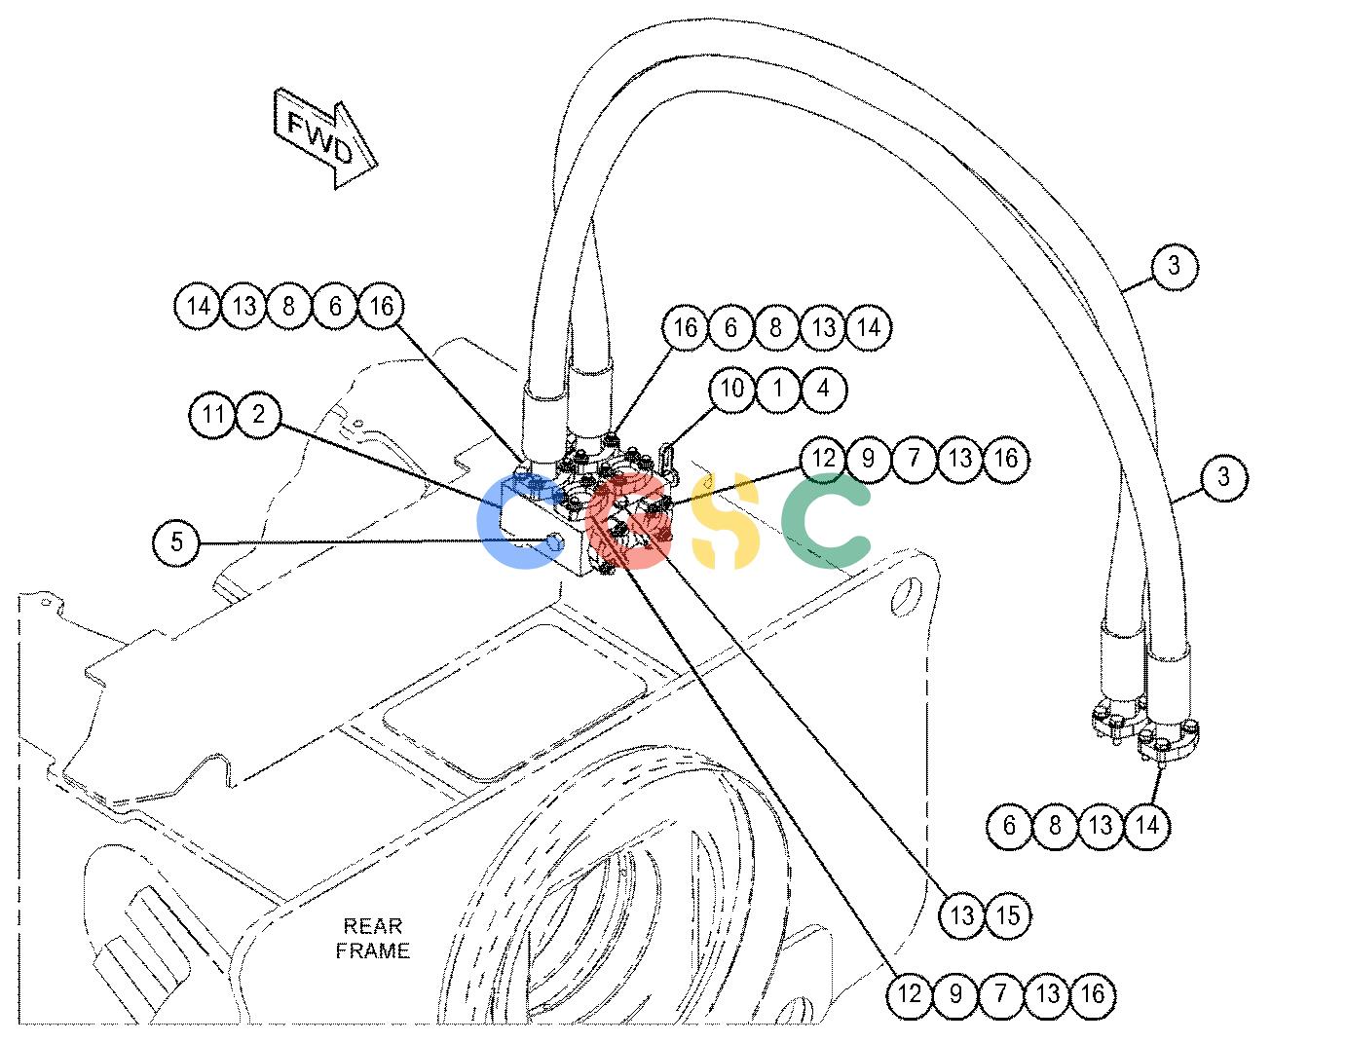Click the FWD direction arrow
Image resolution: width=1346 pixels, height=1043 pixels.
coord(324,138)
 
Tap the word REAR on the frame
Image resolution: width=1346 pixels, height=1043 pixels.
coord(372,926)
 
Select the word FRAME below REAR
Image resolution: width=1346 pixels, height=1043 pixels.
coord(372,950)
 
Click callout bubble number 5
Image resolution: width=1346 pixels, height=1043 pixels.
coord(176,541)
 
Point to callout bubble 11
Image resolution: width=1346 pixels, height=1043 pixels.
coord(213,414)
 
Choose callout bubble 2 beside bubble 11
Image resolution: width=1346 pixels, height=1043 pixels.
coord(259,414)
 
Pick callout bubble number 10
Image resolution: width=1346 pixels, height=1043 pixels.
coord(731,389)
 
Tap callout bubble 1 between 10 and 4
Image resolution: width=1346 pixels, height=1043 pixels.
coord(778,389)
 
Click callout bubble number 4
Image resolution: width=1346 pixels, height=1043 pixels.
coord(823,389)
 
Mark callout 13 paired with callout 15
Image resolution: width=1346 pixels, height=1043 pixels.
coord(962,914)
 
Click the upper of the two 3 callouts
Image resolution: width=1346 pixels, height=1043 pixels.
coord(1175,266)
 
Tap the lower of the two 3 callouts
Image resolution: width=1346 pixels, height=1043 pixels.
coord(1224,477)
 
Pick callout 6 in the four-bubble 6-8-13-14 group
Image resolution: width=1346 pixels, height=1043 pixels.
coord(1010,825)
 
